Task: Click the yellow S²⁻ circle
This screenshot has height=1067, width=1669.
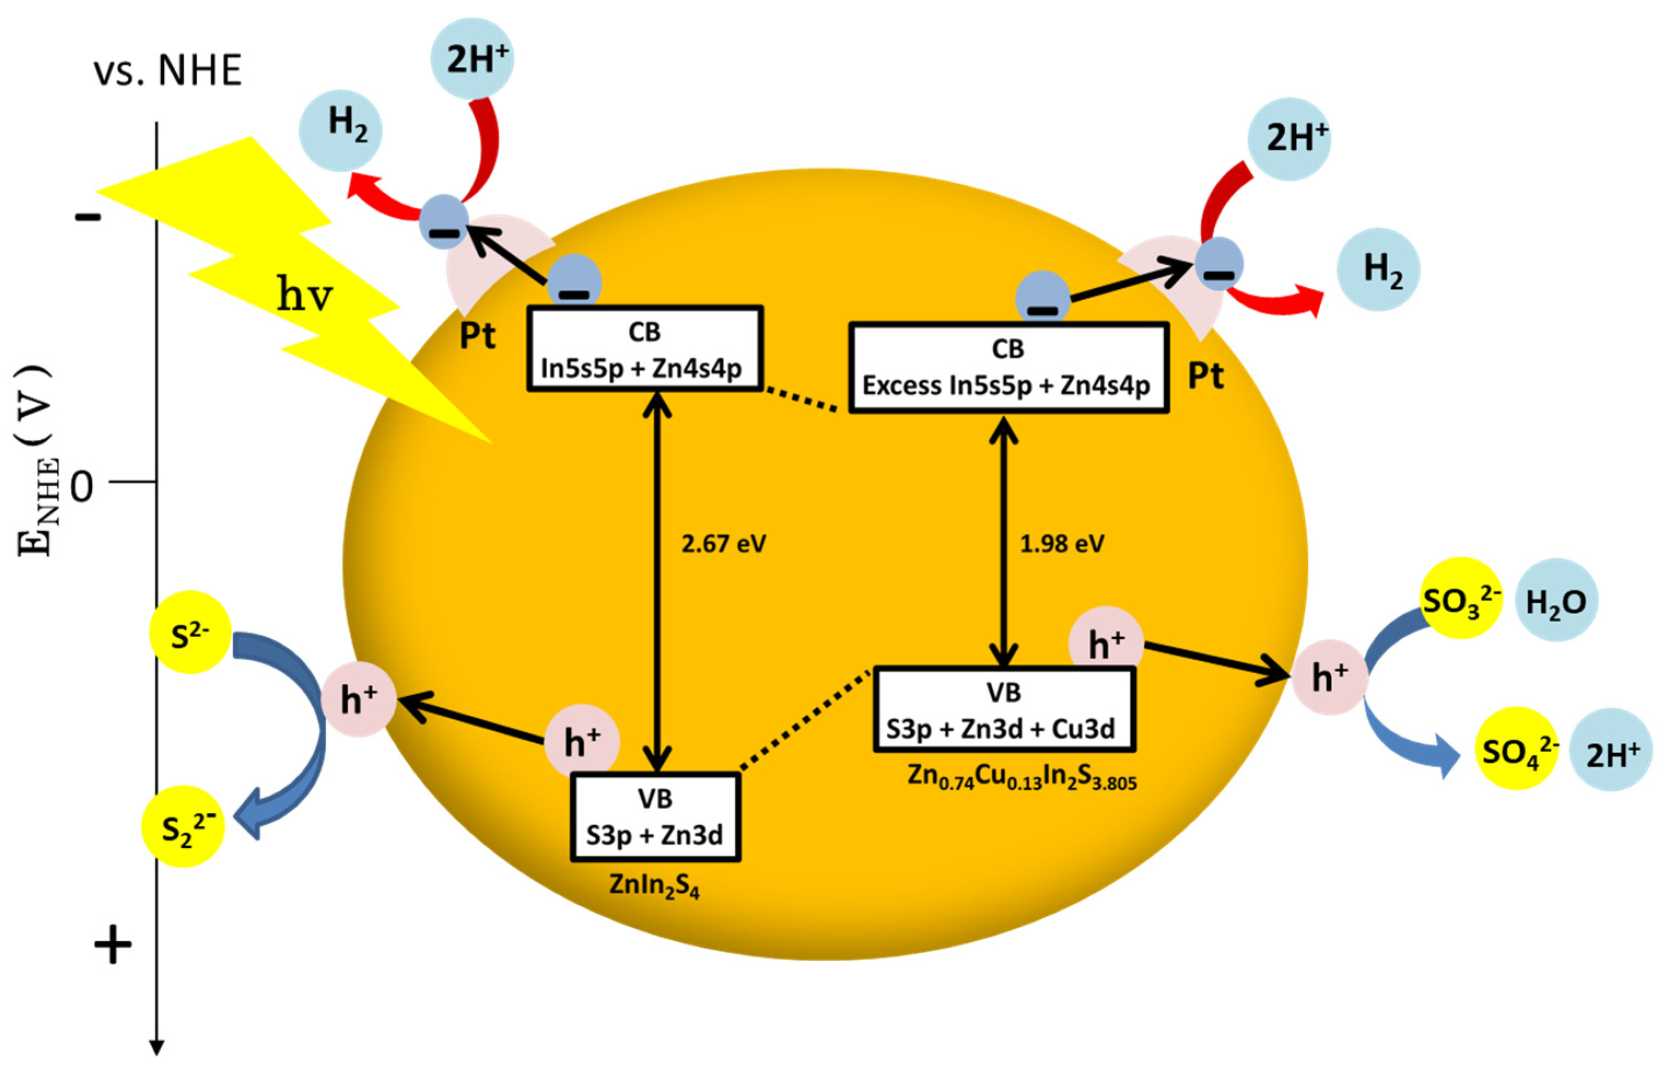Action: click(190, 632)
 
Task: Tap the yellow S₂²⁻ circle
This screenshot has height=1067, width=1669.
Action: click(184, 826)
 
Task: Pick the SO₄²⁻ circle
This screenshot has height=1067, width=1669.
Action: click(1516, 748)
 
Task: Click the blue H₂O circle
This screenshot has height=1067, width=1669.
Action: click(1556, 600)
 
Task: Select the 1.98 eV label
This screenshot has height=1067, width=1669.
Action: click(1062, 544)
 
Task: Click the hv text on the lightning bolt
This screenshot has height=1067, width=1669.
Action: click(304, 295)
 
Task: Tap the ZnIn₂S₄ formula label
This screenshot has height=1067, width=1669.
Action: click(654, 885)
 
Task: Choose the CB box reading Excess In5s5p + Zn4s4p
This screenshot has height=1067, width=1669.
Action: click(1009, 368)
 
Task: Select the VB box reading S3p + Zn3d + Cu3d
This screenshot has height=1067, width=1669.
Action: click(1004, 710)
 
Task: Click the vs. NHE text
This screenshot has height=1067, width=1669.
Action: click(168, 71)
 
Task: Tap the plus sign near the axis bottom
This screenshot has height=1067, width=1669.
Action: click(112, 945)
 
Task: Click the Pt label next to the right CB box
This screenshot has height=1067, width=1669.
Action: click(1206, 376)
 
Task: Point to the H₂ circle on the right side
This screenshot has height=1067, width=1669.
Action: click(1378, 269)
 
